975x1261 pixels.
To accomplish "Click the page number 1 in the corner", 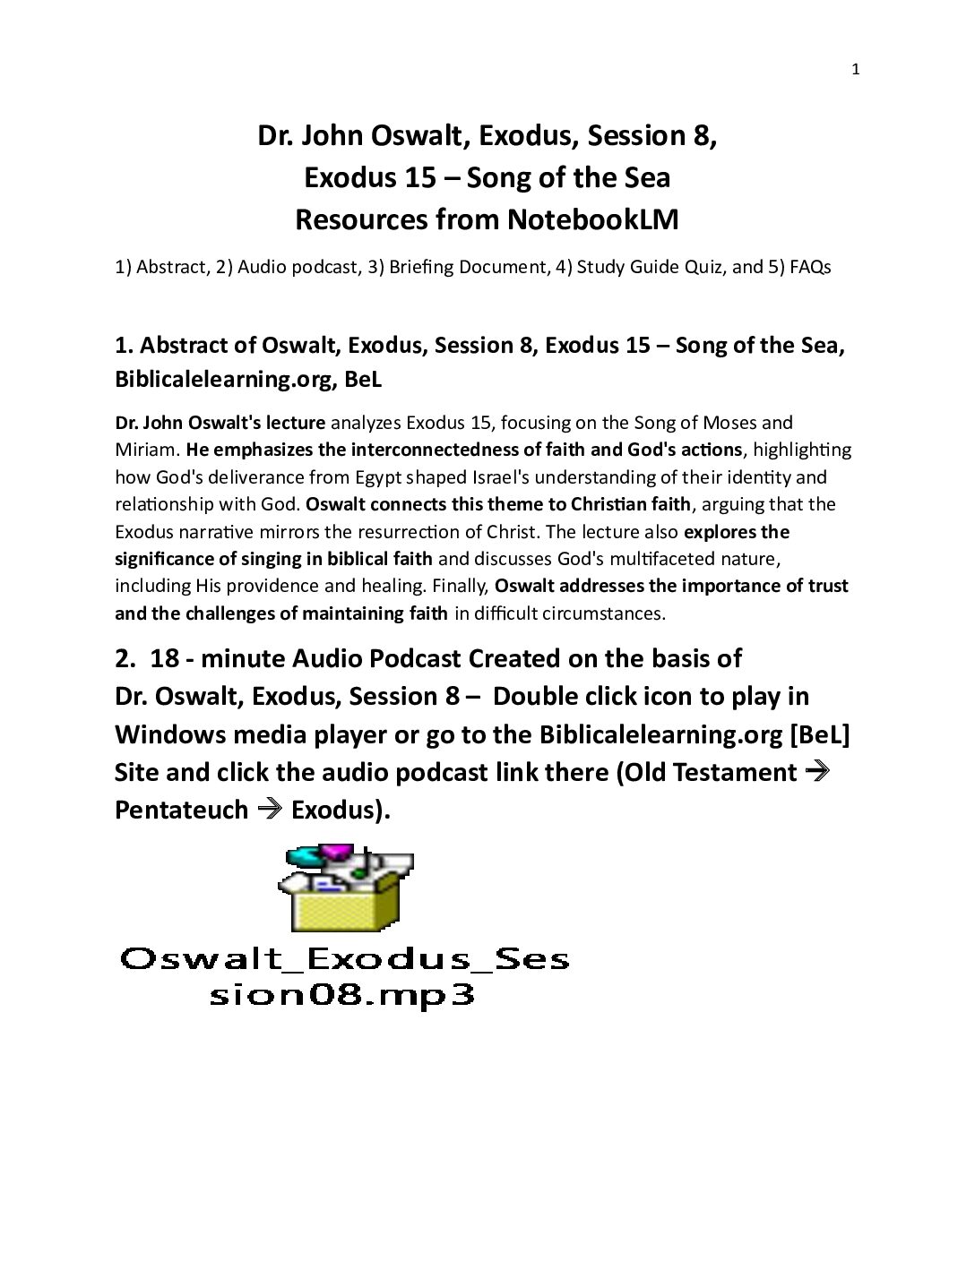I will pos(856,70).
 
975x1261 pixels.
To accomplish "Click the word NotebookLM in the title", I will pos(592,220).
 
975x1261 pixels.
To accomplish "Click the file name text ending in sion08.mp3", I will pos(341,996).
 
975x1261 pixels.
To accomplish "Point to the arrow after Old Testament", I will pos(816,771).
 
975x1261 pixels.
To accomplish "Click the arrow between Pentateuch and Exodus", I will pos(269,810).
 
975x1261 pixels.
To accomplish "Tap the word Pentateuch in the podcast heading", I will pos(181,810).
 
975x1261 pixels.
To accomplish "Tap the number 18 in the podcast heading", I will pos(165,659).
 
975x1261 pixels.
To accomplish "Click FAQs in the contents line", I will pos(810,268).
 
